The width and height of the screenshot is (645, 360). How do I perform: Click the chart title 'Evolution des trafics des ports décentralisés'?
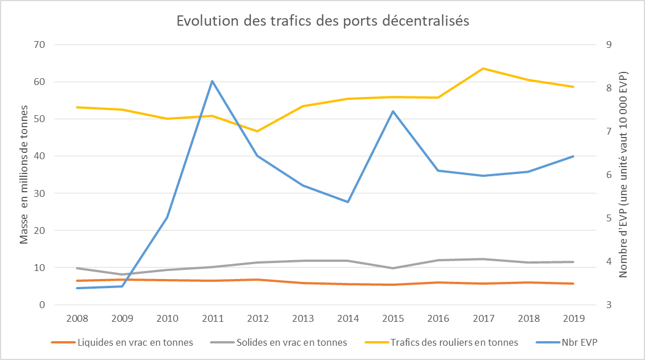322,21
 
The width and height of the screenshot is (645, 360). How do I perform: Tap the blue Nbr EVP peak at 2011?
212,81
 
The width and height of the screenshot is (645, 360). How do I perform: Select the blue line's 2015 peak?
394,111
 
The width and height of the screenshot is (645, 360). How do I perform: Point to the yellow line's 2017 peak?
484,68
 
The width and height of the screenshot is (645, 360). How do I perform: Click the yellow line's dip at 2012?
257,131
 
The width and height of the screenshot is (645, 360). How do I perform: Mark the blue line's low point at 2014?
348,202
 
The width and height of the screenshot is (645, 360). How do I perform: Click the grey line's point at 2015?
394,268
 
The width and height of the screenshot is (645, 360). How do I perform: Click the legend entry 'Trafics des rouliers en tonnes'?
446,342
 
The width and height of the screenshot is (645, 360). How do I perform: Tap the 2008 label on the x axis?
76,317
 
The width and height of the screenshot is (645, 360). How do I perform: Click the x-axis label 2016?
439,317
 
